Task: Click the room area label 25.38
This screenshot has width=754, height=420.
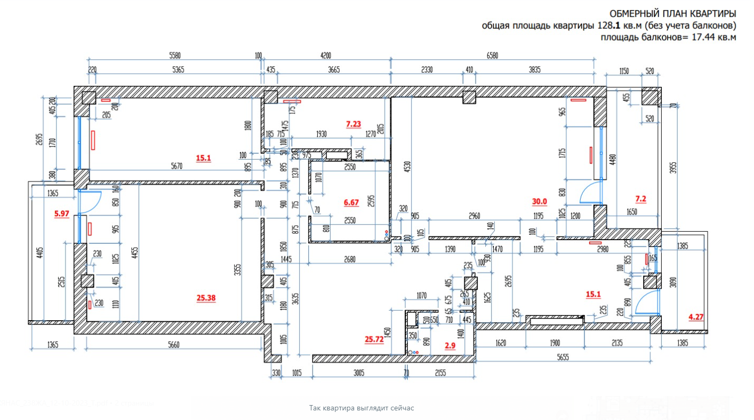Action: (x=206, y=298)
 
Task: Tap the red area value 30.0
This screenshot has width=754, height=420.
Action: (x=540, y=201)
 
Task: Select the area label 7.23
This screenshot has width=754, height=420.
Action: (x=354, y=124)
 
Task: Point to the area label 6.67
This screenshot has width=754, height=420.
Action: (x=351, y=202)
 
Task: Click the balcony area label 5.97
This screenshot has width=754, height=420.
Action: (x=62, y=214)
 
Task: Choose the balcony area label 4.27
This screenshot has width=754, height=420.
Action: (x=696, y=317)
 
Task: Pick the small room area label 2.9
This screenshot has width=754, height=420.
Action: (x=450, y=346)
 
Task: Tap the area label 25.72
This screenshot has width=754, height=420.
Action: (x=374, y=338)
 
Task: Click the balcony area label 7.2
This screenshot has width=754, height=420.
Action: (x=640, y=199)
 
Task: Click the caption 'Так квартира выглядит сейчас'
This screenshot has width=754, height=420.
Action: (x=362, y=408)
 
